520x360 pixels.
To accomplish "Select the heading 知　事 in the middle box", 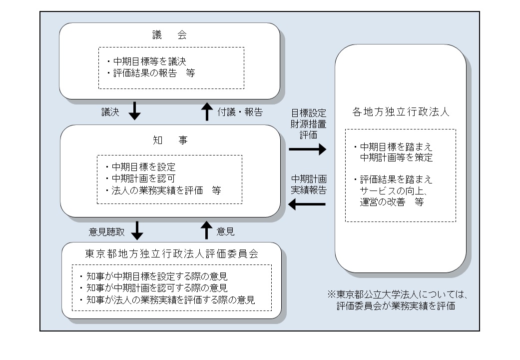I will (169, 140).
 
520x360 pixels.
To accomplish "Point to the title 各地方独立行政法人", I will (400, 111).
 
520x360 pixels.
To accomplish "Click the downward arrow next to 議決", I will (134, 111).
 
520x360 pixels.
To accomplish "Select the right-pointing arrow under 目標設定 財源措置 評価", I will (307, 149).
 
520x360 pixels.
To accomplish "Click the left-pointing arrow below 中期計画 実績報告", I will (307, 204).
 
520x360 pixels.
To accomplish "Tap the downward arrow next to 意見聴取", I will (136, 230).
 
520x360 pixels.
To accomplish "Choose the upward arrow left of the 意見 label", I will (206, 230).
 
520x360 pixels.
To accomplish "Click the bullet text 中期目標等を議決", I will (146, 61).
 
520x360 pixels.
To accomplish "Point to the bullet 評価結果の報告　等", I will (150, 73).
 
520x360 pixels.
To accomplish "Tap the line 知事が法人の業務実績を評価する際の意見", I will (167, 300).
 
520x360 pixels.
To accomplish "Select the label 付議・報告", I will (240, 111).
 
